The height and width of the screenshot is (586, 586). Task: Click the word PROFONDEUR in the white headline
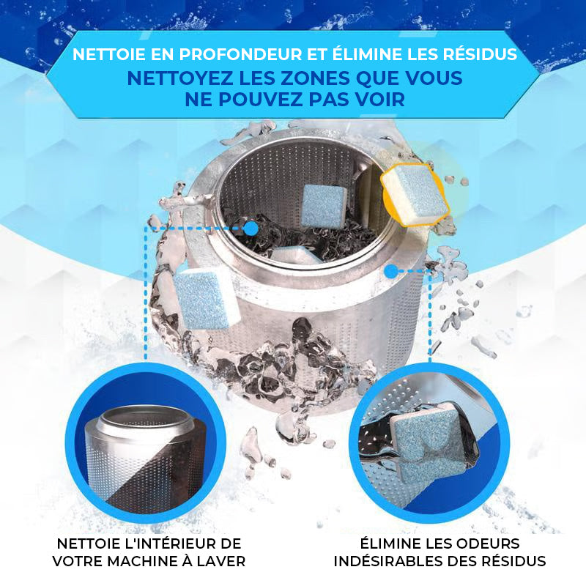(240, 54)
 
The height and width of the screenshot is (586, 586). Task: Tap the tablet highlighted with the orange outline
(415, 194)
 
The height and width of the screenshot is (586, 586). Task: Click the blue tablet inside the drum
(324, 205)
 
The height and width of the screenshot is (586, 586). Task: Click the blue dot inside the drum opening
(251, 229)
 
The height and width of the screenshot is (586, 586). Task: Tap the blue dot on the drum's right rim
(391, 271)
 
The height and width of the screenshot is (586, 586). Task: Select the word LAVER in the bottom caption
(224, 561)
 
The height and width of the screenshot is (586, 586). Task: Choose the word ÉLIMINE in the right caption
(390, 543)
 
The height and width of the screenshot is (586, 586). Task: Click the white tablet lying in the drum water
(295, 255)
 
